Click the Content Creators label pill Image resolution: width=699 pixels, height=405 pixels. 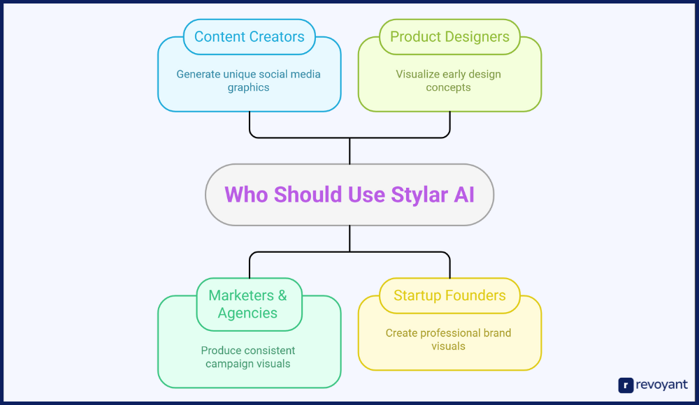point(249,37)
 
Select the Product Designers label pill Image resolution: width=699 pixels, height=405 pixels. point(449,37)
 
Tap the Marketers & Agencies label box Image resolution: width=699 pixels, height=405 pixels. point(248,304)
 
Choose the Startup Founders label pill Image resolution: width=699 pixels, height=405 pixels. point(449,295)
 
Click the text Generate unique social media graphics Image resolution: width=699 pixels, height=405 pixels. point(248,80)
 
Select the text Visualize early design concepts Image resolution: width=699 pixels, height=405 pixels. point(449,80)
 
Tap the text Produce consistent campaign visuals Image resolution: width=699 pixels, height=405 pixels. point(248,357)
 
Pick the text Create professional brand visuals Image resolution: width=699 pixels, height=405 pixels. point(449,339)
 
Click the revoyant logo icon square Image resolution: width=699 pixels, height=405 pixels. point(626,385)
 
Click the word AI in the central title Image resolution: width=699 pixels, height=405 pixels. point(464,195)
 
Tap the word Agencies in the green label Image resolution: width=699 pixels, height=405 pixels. point(247,313)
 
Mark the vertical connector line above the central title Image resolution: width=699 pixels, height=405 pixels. point(349,150)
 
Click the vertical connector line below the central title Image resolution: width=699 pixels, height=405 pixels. point(349,239)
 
